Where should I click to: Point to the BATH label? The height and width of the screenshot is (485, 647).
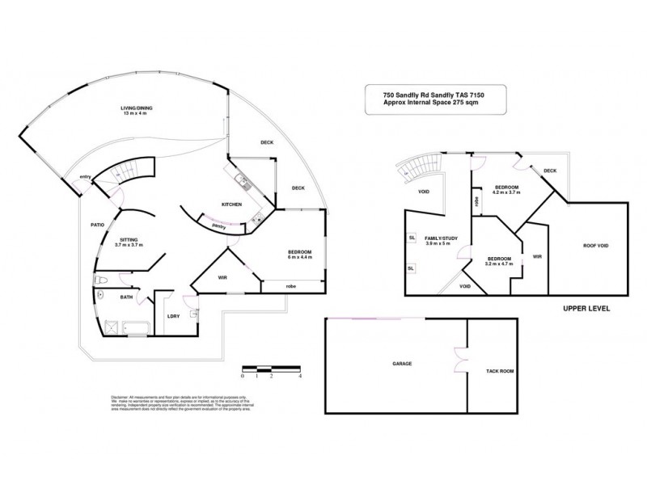pyautogui.click(x=126, y=297)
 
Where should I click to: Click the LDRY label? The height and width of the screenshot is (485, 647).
pyautogui.click(x=172, y=316)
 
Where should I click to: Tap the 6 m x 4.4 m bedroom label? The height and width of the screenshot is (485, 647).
pyautogui.click(x=299, y=255)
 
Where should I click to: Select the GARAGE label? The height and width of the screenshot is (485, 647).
pyautogui.click(x=402, y=364)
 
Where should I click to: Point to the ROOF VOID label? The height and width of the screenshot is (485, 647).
pyautogui.click(x=596, y=246)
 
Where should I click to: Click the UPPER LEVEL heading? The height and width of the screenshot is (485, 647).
pyautogui.click(x=586, y=309)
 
